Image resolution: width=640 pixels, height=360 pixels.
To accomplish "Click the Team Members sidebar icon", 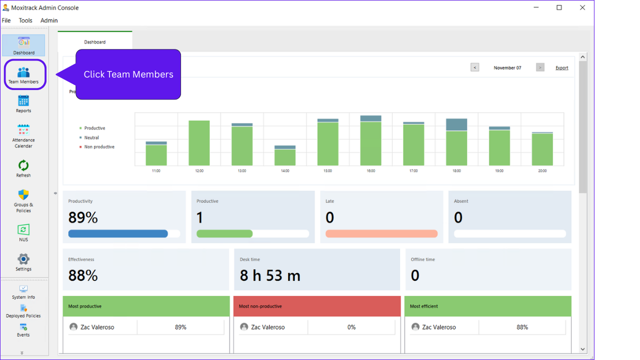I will pyautogui.click(x=23, y=73).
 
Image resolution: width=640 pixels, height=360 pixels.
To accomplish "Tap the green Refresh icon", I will pyautogui.click(x=23, y=165).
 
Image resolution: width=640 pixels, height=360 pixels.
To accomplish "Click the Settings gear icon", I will pyautogui.click(x=23, y=259).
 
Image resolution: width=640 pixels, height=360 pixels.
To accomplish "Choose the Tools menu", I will pyautogui.click(x=25, y=20).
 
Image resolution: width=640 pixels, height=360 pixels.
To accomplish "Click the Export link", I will pyautogui.click(x=561, y=68).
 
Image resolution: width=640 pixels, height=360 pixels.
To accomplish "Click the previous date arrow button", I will pyautogui.click(x=475, y=67).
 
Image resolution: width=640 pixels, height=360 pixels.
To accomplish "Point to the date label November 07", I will pyautogui.click(x=507, y=68).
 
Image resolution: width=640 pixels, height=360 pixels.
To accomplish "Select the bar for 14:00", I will pyautogui.click(x=285, y=155).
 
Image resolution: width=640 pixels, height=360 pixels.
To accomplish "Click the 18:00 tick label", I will pyautogui.click(x=456, y=171).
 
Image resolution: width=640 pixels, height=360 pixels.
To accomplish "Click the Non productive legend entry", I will pyautogui.click(x=99, y=147).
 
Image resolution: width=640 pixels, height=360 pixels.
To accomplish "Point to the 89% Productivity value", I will pyautogui.click(x=83, y=217).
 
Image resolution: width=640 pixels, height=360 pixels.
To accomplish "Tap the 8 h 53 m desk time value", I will pyautogui.click(x=270, y=275).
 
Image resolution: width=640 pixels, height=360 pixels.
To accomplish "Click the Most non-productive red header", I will pyautogui.click(x=317, y=306).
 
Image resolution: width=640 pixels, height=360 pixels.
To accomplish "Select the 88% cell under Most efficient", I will pyautogui.click(x=522, y=327).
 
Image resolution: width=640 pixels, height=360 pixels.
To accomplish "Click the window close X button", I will pyautogui.click(x=582, y=7).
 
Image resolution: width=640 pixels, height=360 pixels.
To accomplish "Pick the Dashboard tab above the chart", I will pyautogui.click(x=95, y=42).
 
